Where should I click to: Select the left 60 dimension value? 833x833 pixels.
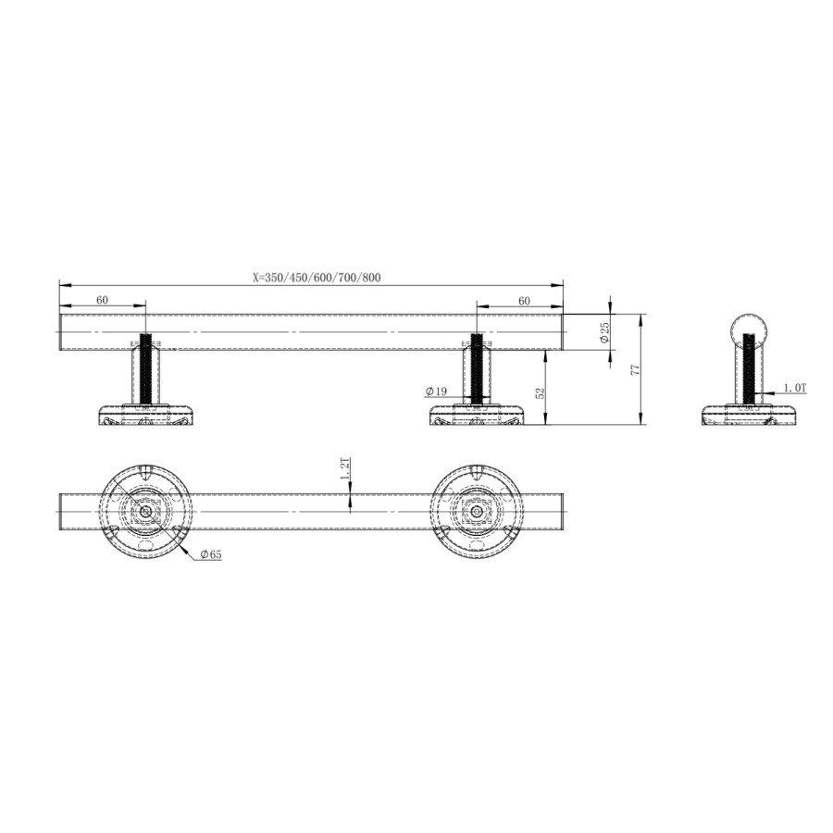102,300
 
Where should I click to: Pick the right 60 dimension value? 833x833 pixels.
524,300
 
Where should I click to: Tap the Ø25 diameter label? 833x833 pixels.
603,333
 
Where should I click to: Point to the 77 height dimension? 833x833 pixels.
635,369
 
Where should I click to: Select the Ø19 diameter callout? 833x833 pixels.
437,392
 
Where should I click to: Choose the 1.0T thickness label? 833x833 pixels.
794,389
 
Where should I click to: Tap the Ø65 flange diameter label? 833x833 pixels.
210,554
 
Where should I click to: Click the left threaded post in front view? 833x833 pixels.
145,368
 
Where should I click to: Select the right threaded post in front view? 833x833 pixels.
476,368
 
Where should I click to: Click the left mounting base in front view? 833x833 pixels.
145,416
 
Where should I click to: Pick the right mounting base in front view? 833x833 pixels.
476,416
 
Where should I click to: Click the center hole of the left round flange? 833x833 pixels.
145,511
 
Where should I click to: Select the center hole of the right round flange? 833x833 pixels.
476,511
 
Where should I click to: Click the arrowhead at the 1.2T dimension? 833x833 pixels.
351,504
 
